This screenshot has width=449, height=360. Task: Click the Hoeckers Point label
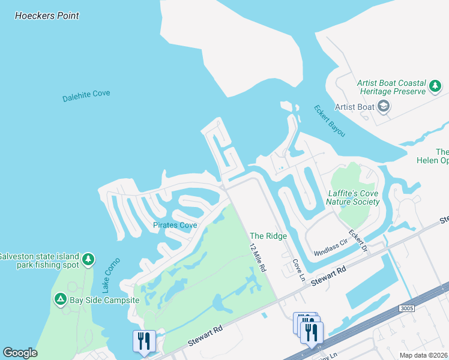click(x=47, y=16)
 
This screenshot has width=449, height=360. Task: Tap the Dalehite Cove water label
click(x=86, y=95)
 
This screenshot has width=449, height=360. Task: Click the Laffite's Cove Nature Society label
click(x=354, y=197)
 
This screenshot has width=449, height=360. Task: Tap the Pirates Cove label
click(x=175, y=226)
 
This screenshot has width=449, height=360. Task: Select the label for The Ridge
click(x=268, y=236)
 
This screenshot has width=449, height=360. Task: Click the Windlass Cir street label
click(x=327, y=245)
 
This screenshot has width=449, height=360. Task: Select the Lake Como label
click(x=112, y=275)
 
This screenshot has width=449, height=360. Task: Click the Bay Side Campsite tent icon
click(x=60, y=299)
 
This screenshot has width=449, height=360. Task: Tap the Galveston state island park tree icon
click(x=88, y=259)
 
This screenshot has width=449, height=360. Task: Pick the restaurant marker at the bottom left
click(x=144, y=341)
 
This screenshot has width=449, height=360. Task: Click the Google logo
click(x=20, y=353)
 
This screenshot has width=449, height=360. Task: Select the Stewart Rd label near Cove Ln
click(x=329, y=277)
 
